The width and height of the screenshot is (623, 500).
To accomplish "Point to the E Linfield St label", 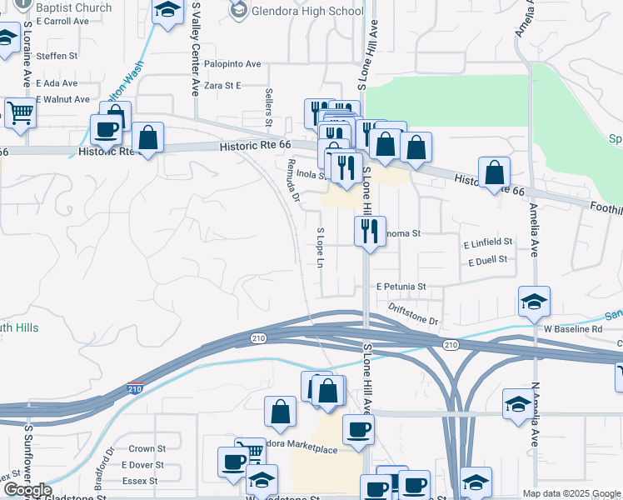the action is coord(488,242).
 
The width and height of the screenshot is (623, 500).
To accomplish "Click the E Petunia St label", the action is coord(401,287).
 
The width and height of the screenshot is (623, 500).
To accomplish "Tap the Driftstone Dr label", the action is coord(412,314).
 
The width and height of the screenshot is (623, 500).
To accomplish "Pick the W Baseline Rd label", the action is coord(573,329).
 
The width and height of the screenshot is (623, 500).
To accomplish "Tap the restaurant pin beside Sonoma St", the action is coord(370,230).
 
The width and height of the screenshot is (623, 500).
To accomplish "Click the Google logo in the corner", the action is coord(27,490).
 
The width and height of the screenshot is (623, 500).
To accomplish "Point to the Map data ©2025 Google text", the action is coord(571,493).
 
